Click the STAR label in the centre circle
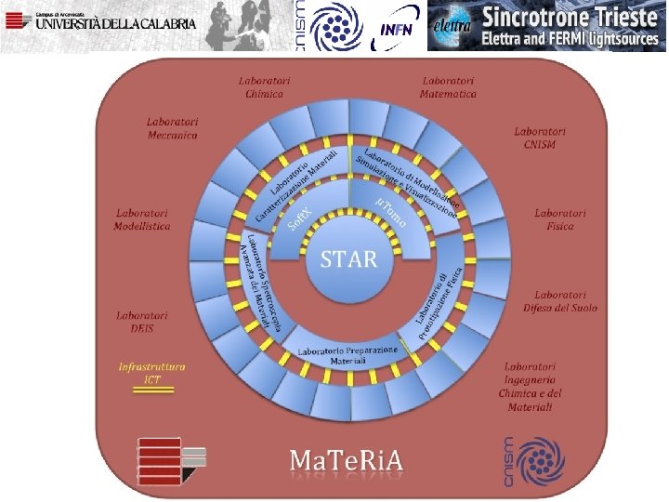point(348,258)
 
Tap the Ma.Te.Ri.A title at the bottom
point(347,459)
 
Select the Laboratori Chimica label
point(264,86)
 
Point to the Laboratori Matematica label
point(448,86)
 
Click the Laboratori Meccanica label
point(173,128)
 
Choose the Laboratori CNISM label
point(540,138)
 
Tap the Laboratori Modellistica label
point(142,219)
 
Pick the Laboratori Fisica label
point(560,219)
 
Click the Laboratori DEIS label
point(142,322)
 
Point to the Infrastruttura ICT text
point(152,372)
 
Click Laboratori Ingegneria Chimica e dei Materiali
point(530,387)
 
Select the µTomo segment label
point(391,211)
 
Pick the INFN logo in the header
point(397,27)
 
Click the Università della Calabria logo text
point(115,24)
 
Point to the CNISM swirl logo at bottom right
point(534,459)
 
